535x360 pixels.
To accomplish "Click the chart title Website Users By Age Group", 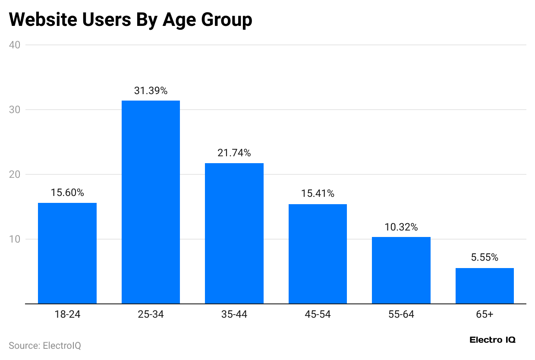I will point(130,20).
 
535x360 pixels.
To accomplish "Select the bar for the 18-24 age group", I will point(67,253).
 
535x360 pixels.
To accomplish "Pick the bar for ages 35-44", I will point(234,234).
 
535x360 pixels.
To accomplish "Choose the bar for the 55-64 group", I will point(401,270).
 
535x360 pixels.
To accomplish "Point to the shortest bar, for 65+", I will point(485,286).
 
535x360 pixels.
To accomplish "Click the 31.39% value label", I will point(151,91).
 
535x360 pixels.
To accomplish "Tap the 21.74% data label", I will point(234,153).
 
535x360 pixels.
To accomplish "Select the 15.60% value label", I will point(67,193).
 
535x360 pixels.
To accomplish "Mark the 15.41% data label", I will point(318,194).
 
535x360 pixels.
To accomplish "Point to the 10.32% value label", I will point(401,227).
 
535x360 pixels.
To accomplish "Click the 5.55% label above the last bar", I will point(485,258).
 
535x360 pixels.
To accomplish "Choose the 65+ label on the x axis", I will point(485,315).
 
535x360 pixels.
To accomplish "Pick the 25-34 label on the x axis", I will point(151,315).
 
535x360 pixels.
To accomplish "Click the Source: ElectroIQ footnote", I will point(45,346).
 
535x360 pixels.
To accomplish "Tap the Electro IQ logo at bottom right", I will point(492,340).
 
